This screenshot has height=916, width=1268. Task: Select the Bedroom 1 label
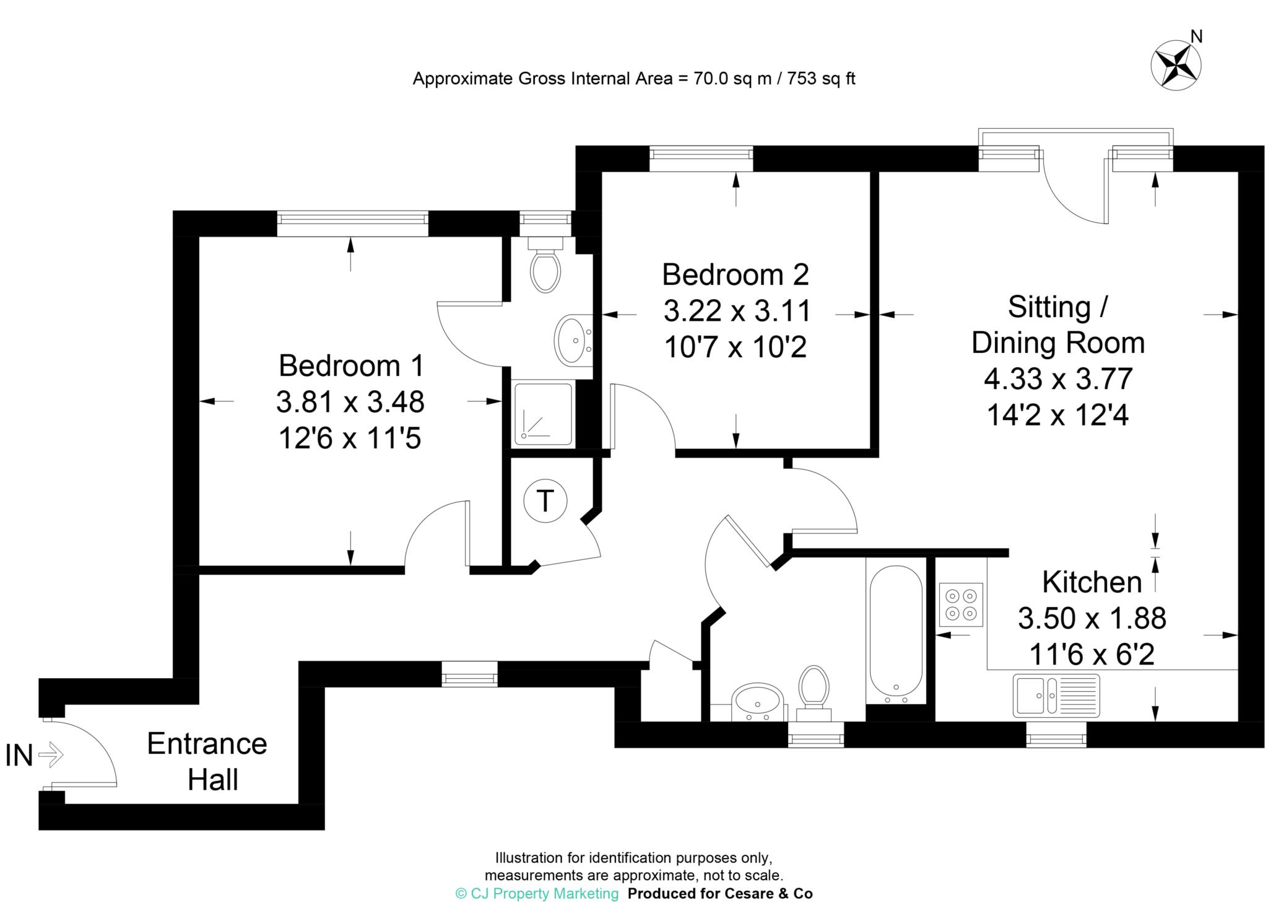tap(351, 365)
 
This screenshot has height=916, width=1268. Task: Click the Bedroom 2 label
tap(736, 274)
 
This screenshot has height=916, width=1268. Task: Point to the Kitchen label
tap(1092, 582)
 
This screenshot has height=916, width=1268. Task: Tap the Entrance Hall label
tap(207, 761)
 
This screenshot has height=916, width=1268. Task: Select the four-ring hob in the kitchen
tap(961, 604)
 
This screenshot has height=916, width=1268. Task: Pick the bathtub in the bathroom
tap(896, 634)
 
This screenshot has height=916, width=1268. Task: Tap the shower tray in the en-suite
tap(543, 414)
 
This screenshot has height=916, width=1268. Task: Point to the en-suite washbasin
tap(573, 339)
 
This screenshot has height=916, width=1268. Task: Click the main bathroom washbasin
tap(757, 703)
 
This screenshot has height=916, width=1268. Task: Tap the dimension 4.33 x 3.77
tap(1058, 378)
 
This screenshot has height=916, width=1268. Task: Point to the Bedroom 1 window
tap(352, 224)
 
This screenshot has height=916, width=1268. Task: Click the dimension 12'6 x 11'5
tap(350, 439)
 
